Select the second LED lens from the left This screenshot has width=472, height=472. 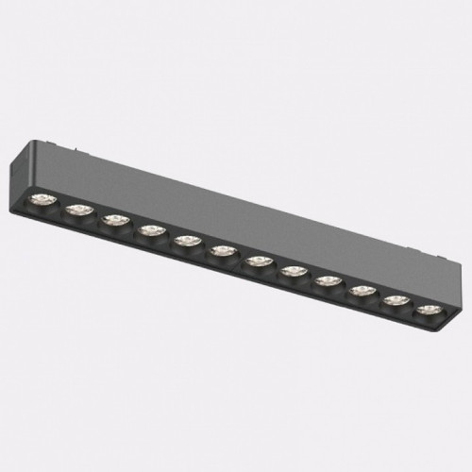click(x=77, y=211)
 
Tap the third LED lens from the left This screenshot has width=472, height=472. click(x=114, y=222)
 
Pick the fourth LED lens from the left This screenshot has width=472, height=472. click(x=149, y=231)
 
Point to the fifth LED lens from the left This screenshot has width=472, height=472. click(x=187, y=241)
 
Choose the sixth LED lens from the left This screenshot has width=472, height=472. click(x=224, y=250)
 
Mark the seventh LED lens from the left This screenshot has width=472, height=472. click(x=258, y=261)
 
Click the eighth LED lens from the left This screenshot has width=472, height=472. click(x=294, y=270)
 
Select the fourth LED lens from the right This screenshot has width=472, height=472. click(x=328, y=279)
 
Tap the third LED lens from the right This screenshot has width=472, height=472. click(x=362, y=290)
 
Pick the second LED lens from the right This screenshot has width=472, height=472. click(x=396, y=299)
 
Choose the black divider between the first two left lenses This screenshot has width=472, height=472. click(x=59, y=206)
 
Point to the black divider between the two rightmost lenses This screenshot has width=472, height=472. click(x=413, y=304)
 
